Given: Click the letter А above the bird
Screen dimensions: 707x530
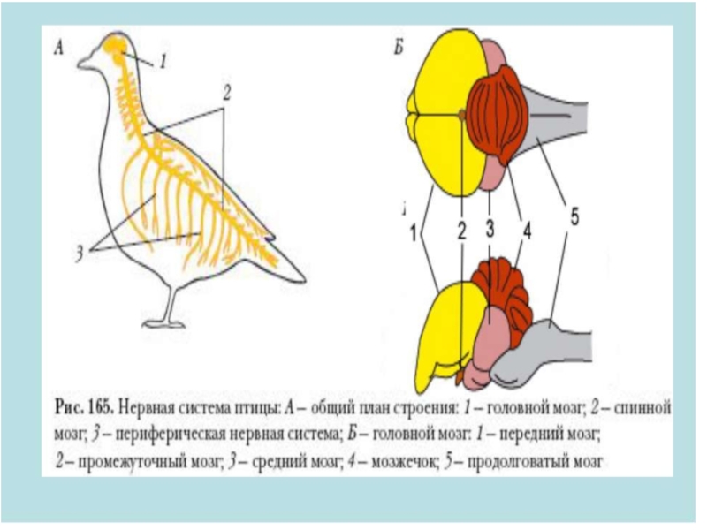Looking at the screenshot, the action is click(x=58, y=49).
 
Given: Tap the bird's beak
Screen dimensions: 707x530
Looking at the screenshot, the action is click(x=86, y=63).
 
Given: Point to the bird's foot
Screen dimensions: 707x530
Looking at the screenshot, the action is click(x=164, y=322).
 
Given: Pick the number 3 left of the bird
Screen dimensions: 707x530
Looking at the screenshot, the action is click(x=80, y=253).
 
